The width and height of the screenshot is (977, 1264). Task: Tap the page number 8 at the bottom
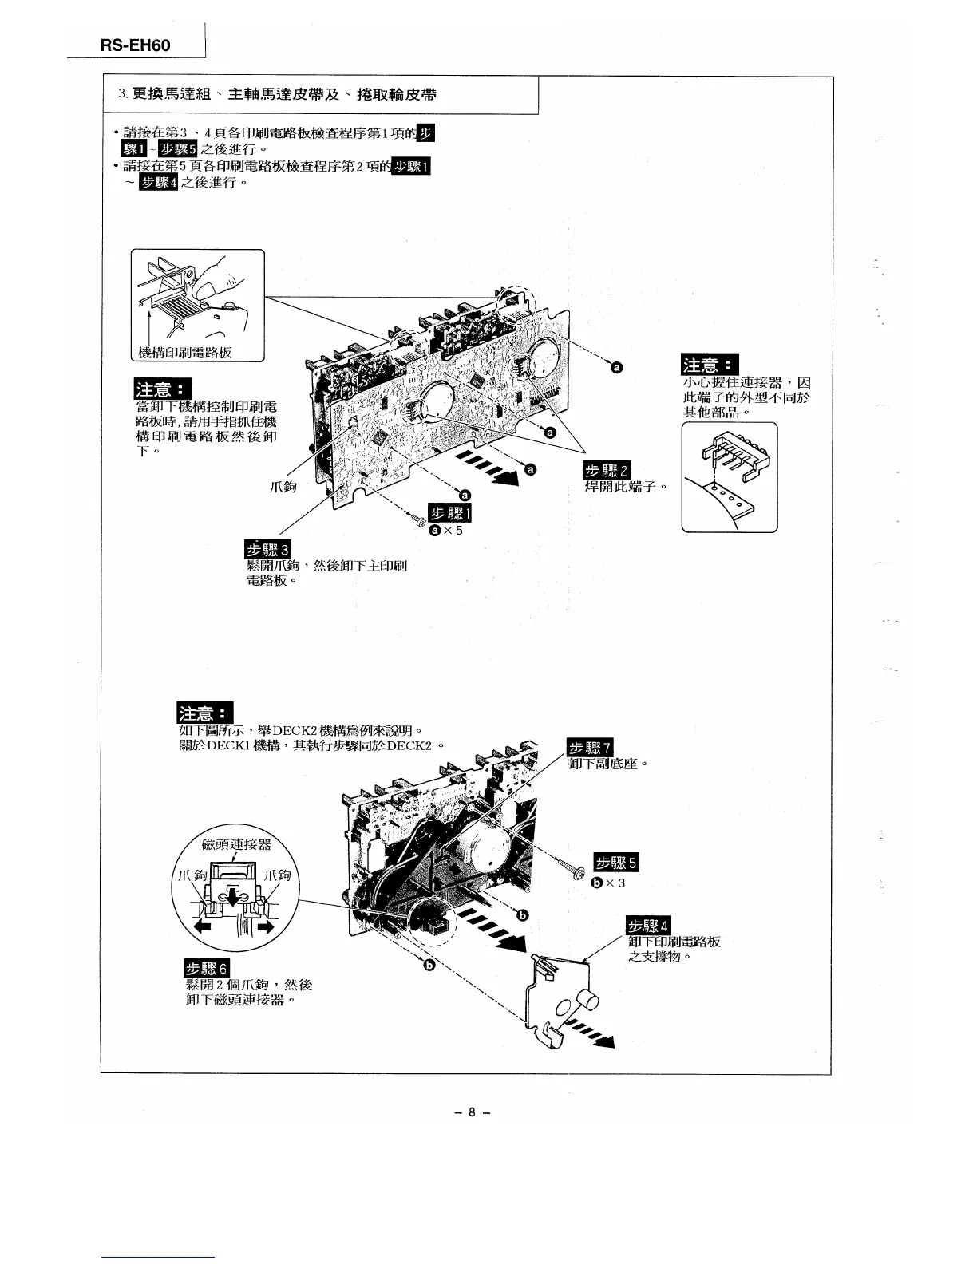pyautogui.click(x=472, y=1112)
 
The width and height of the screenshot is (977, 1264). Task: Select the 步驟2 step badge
pyautogui.click(x=607, y=469)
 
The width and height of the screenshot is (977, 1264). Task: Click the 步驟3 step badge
pyautogui.click(x=268, y=549)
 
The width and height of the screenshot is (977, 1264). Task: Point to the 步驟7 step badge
pyautogui.click(x=589, y=748)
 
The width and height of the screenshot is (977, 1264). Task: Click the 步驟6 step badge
pyautogui.click(x=207, y=969)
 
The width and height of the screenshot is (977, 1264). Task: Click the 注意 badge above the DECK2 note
pyautogui.click(x=205, y=713)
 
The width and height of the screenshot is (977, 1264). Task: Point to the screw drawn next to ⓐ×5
pyautogui.click(x=417, y=520)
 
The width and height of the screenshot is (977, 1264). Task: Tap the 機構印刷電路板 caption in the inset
pyautogui.click(x=185, y=353)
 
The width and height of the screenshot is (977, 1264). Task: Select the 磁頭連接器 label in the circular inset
pyautogui.click(x=237, y=844)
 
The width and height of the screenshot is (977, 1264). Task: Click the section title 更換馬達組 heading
pyautogui.click(x=284, y=95)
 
